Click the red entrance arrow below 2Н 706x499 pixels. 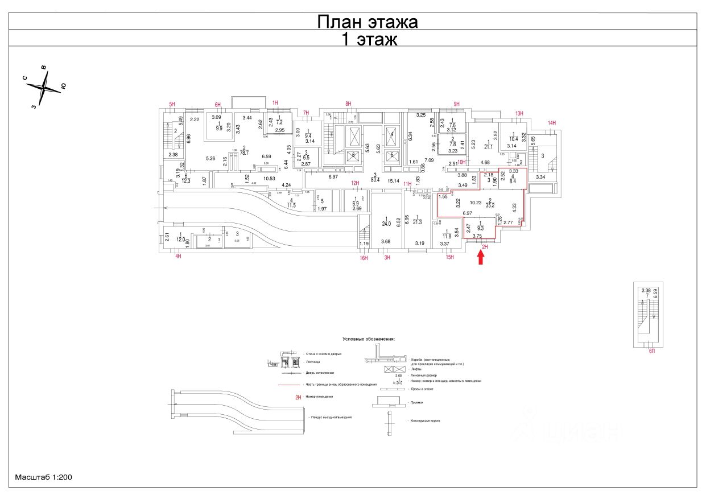pyautogui.click(x=481, y=258)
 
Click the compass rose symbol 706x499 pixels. pyautogui.click(x=44, y=88)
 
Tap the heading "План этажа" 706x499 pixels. pyautogui.click(x=367, y=22)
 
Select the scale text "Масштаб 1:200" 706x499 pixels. pyautogui.click(x=43, y=477)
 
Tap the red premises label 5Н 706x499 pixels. pyautogui.click(x=172, y=104)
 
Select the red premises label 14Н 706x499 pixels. pyautogui.click(x=551, y=123)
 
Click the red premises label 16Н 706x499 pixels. pyautogui.click(x=364, y=258)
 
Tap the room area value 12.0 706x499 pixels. pyautogui.click(x=181, y=240)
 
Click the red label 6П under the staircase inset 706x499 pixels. pyautogui.click(x=652, y=352)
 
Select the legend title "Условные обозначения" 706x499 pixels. pyautogui.click(x=368, y=339)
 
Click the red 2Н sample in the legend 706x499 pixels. pyautogui.click(x=298, y=397)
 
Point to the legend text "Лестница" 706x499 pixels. pyautogui.click(x=313, y=361)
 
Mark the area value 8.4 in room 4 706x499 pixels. pyautogui.click(x=513, y=182)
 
